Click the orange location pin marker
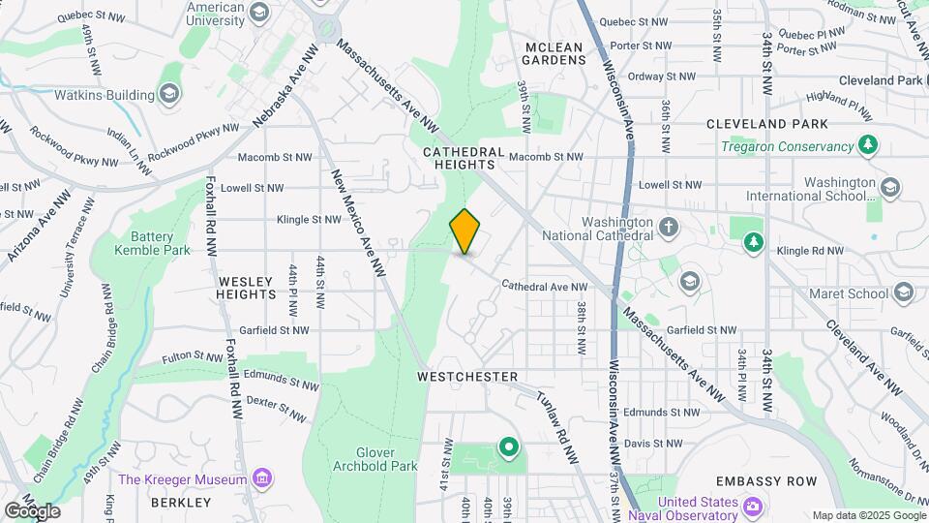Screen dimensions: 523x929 point(464,231)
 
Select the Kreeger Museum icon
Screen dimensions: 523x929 point(261,478)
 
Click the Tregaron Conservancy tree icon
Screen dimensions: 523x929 point(869,146)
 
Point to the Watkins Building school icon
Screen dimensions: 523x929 point(169,94)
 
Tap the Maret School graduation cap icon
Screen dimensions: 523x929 point(904,292)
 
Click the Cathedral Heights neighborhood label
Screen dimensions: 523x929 point(464,159)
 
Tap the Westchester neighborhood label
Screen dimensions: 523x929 point(468,376)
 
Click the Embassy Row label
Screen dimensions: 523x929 point(766,481)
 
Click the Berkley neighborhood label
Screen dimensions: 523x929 point(181,503)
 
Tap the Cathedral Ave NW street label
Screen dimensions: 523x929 point(546,287)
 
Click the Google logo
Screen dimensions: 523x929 point(32,510)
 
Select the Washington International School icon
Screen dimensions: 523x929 point(889,185)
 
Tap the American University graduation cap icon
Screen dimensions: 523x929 point(258,12)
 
